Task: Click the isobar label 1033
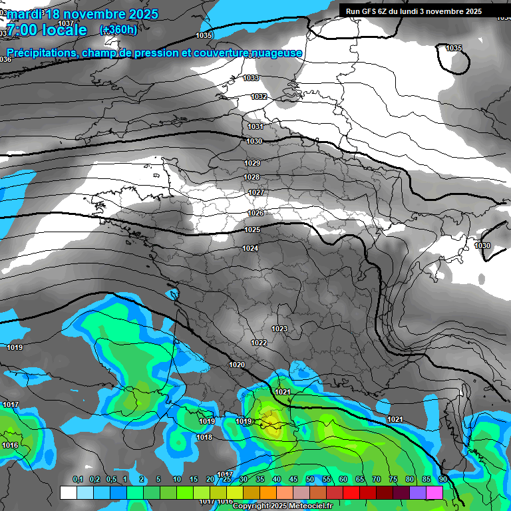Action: coord(251,79)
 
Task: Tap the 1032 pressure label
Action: coord(259,97)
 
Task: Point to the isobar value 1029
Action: coord(252,164)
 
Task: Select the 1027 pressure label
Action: coord(256,193)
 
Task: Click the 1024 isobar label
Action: coord(250,249)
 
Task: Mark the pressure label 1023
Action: coord(279,329)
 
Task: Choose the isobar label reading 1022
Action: coord(259,343)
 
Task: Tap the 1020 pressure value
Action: coord(237,365)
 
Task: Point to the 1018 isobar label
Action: coord(204,438)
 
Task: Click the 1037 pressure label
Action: coord(66,23)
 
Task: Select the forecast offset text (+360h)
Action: coord(118,29)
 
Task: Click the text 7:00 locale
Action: coord(47,30)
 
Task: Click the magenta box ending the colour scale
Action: coord(434,492)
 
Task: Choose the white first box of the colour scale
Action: coord(68,492)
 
